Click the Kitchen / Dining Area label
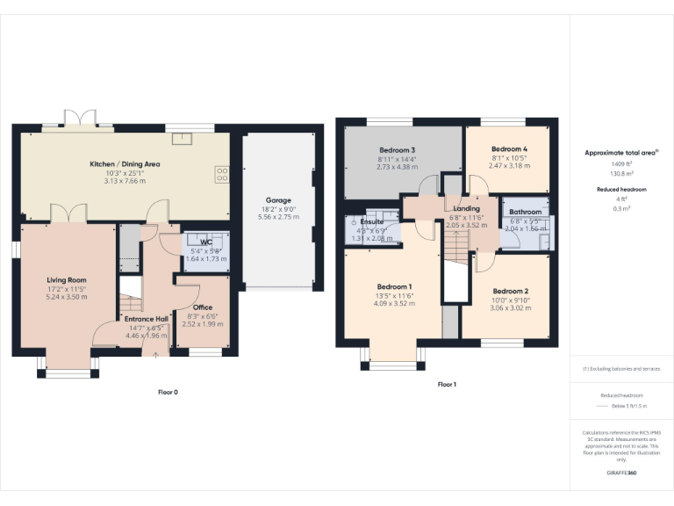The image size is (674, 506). click(125, 164)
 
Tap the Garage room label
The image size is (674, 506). click(278, 200)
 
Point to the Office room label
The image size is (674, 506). click(203, 307)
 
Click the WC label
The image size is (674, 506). click(206, 242)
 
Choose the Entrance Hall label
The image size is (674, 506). click(146, 318)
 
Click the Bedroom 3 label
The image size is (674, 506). click(397, 149)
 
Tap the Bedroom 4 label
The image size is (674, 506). click(509, 148)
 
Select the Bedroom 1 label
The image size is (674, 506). click(394, 286)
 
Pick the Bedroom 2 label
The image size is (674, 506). click(510, 291)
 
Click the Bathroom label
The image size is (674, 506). click(525, 212)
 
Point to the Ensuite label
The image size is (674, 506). click(371, 222)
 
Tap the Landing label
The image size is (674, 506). click(466, 209)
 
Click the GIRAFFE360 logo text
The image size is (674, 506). click(620, 473)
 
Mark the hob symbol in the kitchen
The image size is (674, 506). click(222, 174)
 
